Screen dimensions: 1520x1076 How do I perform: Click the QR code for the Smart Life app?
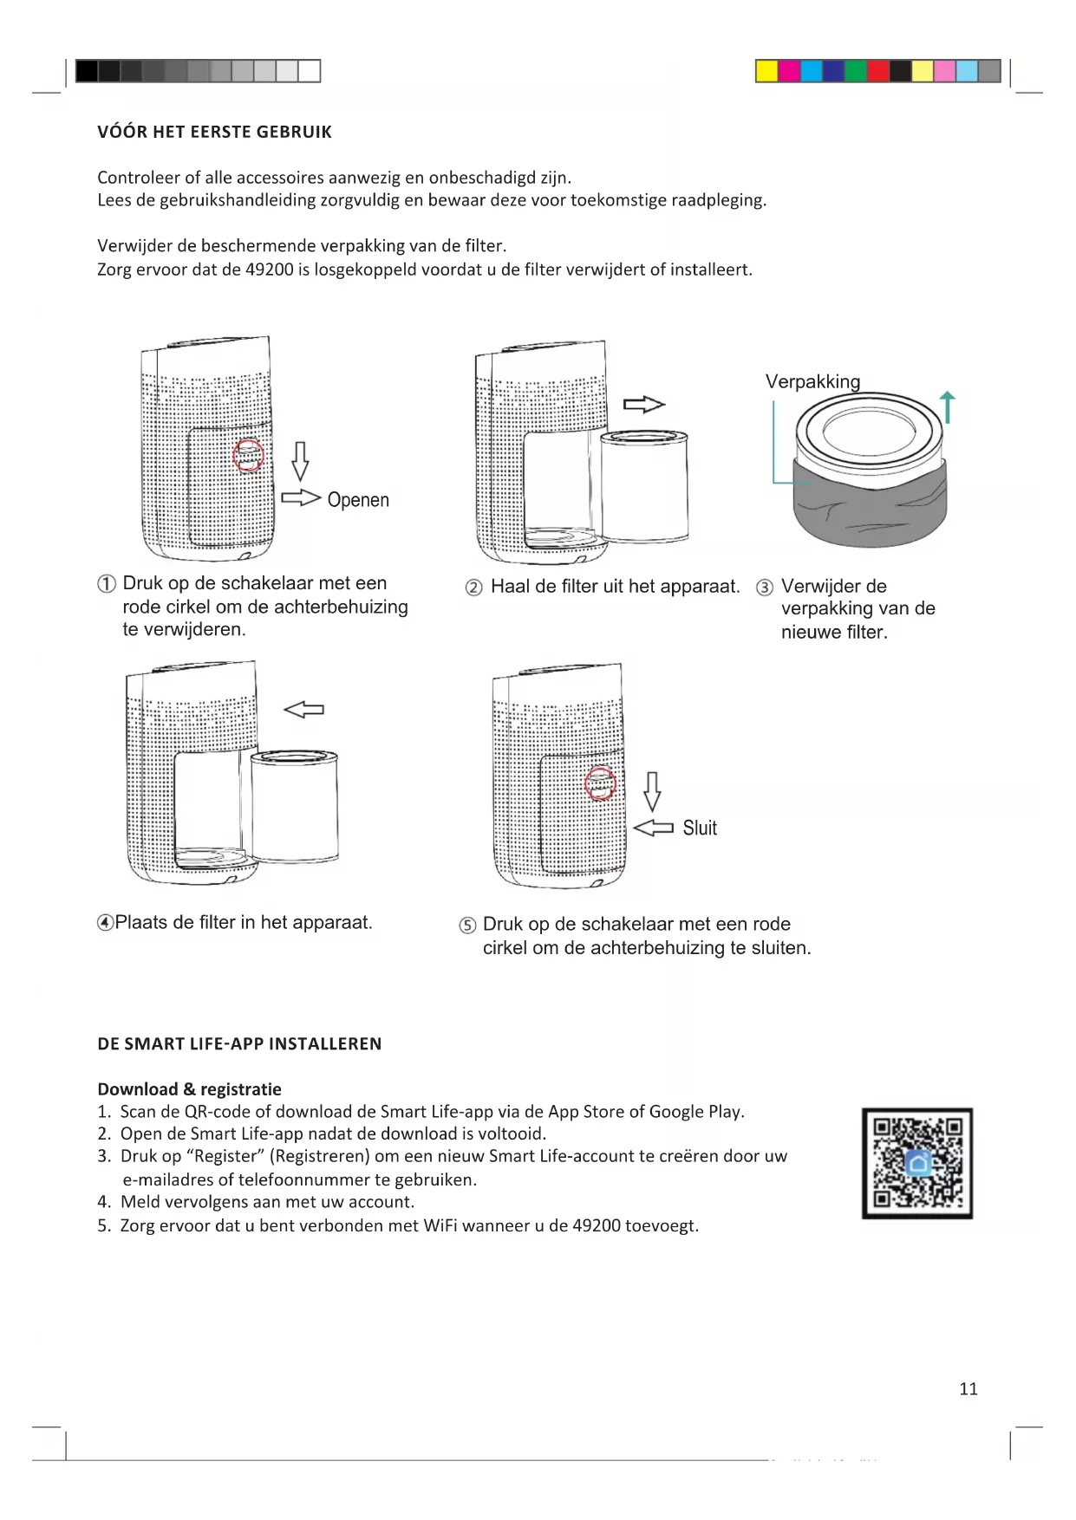(917, 1163)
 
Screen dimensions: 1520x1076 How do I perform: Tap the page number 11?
(968, 1388)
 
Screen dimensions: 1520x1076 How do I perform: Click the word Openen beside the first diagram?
(358, 500)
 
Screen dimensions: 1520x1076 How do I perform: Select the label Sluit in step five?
(700, 828)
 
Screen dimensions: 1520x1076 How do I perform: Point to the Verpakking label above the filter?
(812, 382)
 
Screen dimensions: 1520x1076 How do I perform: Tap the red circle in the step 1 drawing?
(249, 455)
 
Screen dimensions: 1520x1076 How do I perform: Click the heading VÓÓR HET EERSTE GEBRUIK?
(214, 133)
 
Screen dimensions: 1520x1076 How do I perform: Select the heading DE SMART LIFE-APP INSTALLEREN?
(239, 1044)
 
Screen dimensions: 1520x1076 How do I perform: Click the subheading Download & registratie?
(189, 1089)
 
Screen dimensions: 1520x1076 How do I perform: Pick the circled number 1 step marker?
(106, 584)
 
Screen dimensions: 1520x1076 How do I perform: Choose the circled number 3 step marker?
(765, 588)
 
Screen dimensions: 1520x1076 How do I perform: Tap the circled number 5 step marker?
(467, 926)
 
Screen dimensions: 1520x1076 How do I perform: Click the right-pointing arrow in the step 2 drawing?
(643, 405)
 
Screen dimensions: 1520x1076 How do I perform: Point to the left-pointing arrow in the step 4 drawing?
(304, 710)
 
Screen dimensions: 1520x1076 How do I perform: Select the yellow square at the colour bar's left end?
(766, 71)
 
